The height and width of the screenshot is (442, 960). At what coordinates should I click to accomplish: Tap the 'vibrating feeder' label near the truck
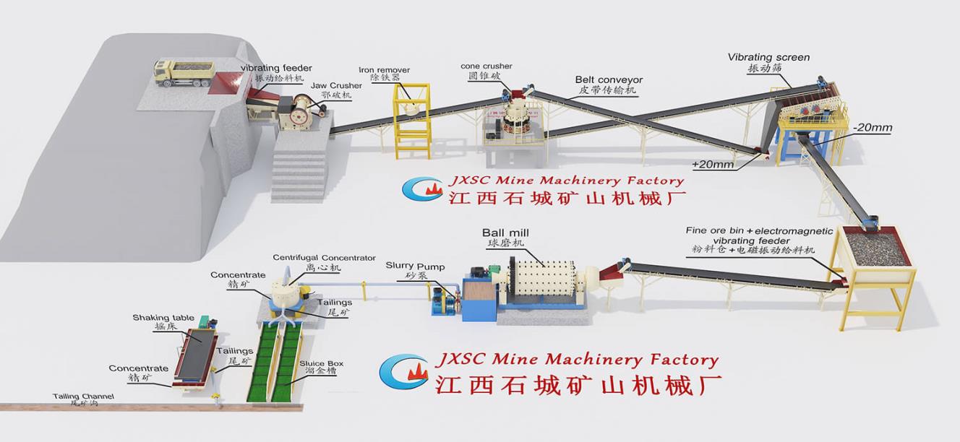point(276,68)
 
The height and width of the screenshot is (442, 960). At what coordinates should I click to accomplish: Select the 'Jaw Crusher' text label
point(336,86)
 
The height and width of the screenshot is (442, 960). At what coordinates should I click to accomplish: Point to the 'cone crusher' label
point(486,66)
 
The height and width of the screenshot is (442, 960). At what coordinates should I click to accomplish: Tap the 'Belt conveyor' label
point(609,79)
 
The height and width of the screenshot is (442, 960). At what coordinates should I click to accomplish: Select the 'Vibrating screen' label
point(768,57)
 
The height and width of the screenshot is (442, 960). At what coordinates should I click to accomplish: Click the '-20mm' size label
point(872,128)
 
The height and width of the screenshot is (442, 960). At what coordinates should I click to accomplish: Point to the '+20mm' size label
point(713,165)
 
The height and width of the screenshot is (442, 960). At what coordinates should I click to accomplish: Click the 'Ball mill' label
point(506,233)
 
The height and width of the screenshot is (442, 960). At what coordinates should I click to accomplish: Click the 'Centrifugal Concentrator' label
point(324,257)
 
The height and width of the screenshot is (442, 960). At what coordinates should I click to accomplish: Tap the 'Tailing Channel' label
point(83,396)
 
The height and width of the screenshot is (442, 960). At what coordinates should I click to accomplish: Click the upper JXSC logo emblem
point(422,187)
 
